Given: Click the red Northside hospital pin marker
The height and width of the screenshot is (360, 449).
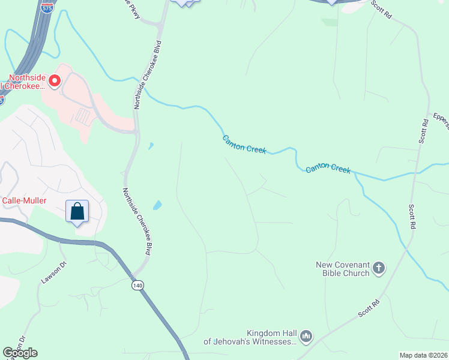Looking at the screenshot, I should [54, 80].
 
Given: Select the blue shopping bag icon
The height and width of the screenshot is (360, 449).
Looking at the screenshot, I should [77, 212].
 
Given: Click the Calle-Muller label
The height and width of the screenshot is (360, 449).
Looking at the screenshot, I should [24, 200].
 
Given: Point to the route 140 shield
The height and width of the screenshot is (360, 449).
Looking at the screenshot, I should [138, 286].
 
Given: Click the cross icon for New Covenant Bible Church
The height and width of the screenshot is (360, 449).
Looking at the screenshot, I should [379, 268].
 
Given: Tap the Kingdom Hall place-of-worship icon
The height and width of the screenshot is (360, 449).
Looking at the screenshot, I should [307, 337].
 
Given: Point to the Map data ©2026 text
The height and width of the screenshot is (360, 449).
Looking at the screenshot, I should [423, 355].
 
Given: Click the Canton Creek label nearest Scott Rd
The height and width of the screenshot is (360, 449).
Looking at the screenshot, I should [328, 169].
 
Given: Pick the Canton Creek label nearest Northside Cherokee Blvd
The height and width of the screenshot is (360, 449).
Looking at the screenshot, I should [244, 144].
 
